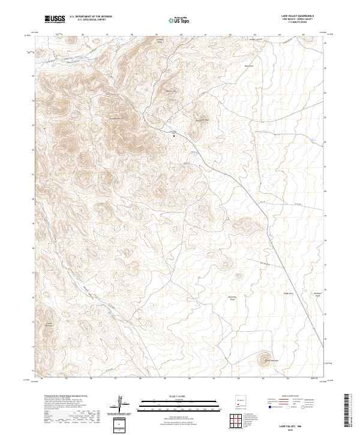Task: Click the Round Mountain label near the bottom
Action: click(x=263, y=353)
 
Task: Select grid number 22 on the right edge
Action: click(x=325, y=142)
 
